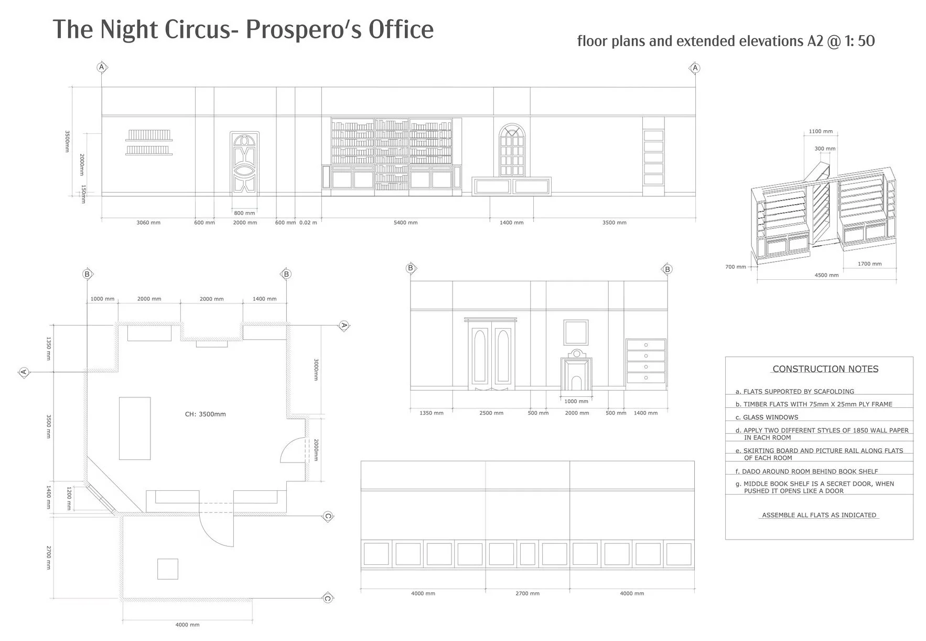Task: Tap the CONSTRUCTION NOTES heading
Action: coord(825,369)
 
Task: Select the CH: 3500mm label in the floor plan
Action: coord(206,414)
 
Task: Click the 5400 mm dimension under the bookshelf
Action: coord(406,223)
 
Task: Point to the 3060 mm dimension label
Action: coord(148,223)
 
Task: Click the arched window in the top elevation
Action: coord(512,151)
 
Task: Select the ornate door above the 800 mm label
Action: coord(245,164)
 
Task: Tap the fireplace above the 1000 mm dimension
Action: coord(576,371)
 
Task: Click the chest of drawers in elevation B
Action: coord(646,361)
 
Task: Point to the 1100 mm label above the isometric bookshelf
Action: coord(821,131)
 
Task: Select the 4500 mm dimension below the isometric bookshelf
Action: coord(826,275)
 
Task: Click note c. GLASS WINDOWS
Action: coord(767,417)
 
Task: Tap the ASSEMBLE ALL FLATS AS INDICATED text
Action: coord(819,515)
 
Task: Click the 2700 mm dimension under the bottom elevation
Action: coord(527,593)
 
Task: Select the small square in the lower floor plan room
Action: coord(168,569)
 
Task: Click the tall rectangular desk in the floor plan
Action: coord(135,428)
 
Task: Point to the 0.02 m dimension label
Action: coord(308,223)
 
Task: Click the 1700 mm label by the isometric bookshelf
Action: coord(869,264)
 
